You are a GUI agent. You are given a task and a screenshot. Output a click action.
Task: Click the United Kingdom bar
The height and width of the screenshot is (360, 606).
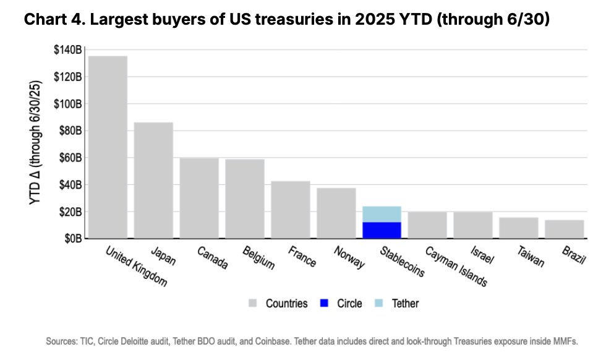click(108, 147)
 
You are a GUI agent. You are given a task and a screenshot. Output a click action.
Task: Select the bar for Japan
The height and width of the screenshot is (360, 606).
click(153, 180)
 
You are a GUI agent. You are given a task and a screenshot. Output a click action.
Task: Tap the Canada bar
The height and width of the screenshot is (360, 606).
click(199, 198)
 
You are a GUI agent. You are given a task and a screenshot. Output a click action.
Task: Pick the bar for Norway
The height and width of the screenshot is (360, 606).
click(336, 213)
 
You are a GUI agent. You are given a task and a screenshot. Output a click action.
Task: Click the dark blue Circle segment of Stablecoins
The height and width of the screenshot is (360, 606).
click(382, 230)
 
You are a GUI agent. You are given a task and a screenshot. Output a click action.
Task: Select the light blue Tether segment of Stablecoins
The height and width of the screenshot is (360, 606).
click(382, 214)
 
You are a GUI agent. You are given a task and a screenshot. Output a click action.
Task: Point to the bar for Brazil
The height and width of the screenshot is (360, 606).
click(564, 229)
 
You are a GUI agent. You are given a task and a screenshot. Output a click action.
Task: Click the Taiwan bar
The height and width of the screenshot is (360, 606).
click(518, 228)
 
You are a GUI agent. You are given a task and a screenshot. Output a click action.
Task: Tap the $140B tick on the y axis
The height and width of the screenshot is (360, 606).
click(67, 50)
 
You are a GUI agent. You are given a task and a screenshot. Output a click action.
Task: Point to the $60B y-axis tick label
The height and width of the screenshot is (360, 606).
click(69, 158)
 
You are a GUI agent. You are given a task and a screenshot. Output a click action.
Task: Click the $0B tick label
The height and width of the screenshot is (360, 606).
click(72, 239)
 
